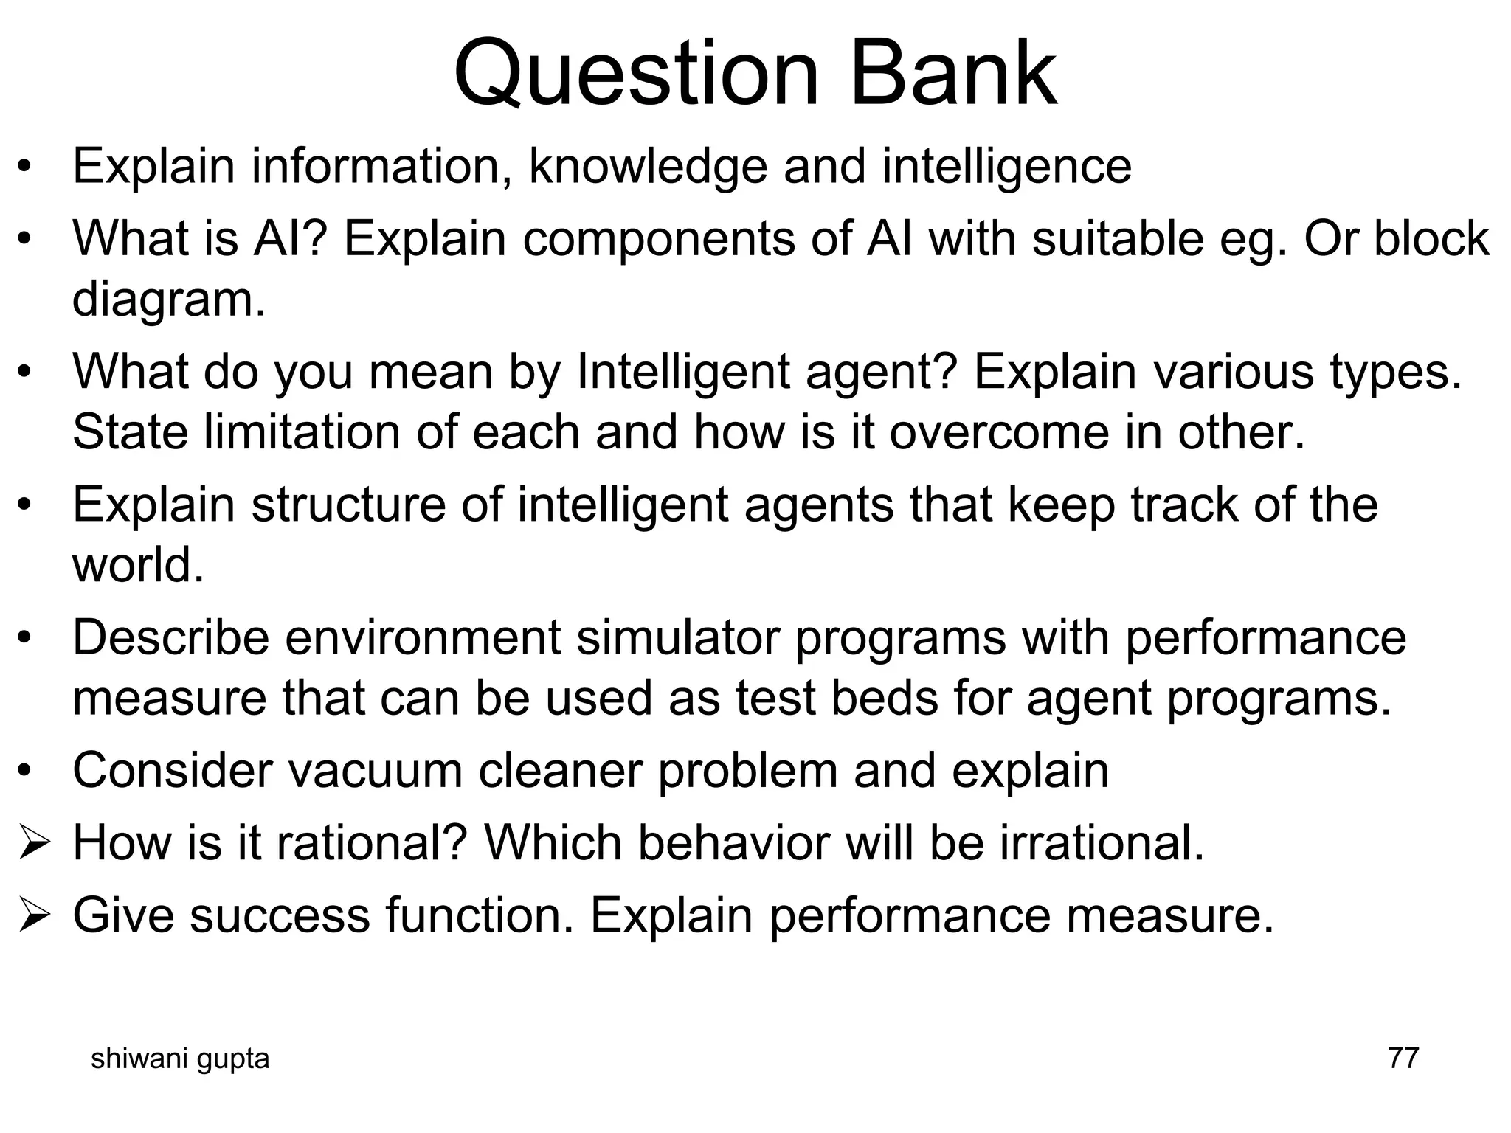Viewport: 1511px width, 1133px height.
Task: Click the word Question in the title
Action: [636, 74]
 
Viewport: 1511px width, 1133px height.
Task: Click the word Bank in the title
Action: [953, 74]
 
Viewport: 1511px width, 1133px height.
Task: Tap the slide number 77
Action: [1403, 1058]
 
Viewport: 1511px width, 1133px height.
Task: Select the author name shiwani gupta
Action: [179, 1058]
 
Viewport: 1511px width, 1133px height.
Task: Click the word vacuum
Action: [374, 770]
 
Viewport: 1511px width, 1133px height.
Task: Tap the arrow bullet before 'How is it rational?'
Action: [34, 843]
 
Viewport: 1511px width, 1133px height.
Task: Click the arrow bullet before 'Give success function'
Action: [34, 915]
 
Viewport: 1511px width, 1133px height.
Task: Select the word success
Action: [280, 915]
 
